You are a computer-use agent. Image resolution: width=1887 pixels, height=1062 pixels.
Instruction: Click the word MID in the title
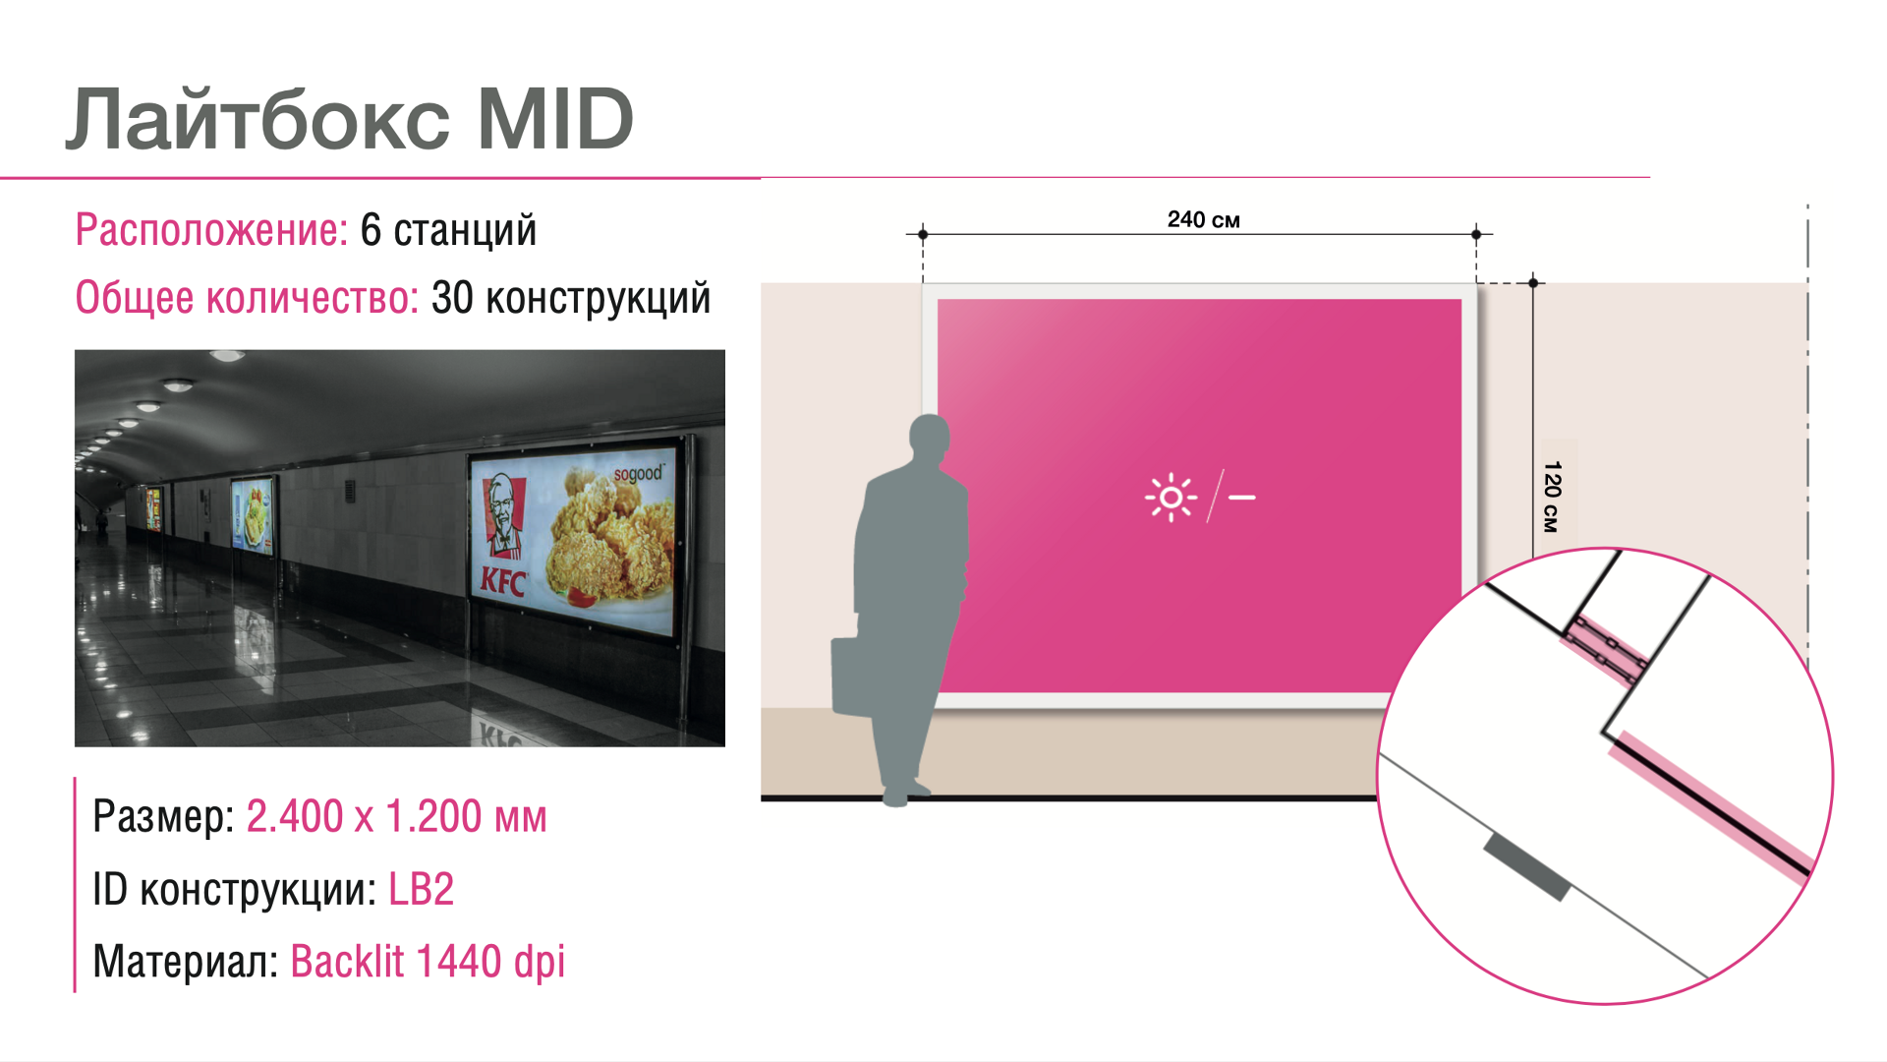click(x=555, y=120)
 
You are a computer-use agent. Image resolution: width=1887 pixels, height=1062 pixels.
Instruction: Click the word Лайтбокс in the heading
click(x=257, y=118)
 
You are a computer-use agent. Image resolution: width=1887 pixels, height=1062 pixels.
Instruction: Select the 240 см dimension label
click(x=1203, y=219)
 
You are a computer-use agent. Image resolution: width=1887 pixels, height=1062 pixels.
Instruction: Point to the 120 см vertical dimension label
click(x=1552, y=497)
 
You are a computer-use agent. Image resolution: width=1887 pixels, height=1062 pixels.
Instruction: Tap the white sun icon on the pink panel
click(x=1171, y=498)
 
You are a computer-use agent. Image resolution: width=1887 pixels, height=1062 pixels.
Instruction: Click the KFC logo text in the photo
click(x=502, y=582)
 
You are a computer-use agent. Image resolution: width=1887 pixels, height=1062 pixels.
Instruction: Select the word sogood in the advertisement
click(x=638, y=474)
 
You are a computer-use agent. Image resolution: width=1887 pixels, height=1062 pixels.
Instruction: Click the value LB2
click(x=422, y=889)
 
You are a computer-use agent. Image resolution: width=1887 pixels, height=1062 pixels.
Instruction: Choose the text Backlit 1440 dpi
click(x=428, y=962)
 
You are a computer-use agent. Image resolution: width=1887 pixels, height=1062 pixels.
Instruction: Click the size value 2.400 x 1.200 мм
click(x=396, y=816)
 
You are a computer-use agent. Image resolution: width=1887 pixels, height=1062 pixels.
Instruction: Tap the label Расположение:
click(x=211, y=230)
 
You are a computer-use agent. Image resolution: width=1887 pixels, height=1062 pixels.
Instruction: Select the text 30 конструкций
click(x=571, y=298)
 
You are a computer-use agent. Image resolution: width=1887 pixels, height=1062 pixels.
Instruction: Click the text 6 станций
click(x=448, y=230)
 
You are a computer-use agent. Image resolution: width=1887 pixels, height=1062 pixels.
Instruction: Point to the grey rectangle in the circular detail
click(x=1526, y=866)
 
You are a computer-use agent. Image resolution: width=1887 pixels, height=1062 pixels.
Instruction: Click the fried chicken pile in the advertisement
click(x=601, y=541)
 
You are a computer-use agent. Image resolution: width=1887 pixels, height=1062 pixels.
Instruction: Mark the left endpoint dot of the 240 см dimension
click(x=923, y=234)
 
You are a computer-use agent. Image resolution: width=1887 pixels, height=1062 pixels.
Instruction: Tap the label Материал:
click(x=186, y=962)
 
